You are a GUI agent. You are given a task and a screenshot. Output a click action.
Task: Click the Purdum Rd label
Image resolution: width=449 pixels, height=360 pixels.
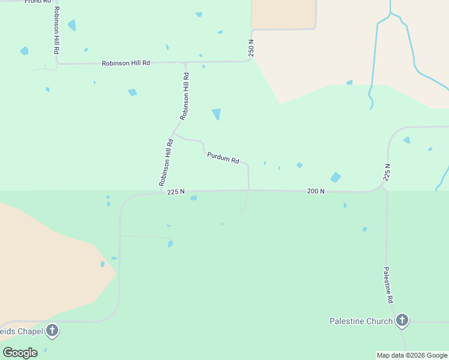(223, 158)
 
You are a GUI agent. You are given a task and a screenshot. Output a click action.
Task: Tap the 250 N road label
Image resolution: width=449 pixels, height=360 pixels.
(252, 48)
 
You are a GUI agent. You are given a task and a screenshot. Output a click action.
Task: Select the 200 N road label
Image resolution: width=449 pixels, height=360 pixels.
(315, 191)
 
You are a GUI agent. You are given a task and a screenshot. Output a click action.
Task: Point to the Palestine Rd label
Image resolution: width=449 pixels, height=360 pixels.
(389, 285)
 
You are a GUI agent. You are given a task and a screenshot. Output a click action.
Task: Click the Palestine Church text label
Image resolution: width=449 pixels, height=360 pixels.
(361, 321)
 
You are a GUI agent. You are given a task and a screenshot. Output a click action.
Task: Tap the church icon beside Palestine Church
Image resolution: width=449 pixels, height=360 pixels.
(402, 321)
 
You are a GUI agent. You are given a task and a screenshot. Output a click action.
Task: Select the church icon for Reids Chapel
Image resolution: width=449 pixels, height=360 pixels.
(52, 330)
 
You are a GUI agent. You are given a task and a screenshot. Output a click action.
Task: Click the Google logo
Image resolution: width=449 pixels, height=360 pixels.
(20, 352)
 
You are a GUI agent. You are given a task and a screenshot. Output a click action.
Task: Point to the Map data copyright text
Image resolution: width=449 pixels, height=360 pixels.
(412, 355)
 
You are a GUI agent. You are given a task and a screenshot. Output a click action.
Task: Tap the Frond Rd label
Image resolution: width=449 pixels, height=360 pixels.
(38, 2)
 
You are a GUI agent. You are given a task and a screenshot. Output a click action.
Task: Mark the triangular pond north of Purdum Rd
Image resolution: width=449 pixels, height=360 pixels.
(216, 113)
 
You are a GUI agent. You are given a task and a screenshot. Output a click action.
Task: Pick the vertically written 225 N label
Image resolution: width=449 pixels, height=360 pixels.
(387, 172)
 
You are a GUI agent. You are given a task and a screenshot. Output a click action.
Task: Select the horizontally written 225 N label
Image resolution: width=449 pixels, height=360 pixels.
(176, 192)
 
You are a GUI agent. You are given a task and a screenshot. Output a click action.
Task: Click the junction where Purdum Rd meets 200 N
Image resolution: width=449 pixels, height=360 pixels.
(249, 190)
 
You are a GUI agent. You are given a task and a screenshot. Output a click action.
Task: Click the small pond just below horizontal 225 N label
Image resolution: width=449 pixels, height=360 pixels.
(193, 198)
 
